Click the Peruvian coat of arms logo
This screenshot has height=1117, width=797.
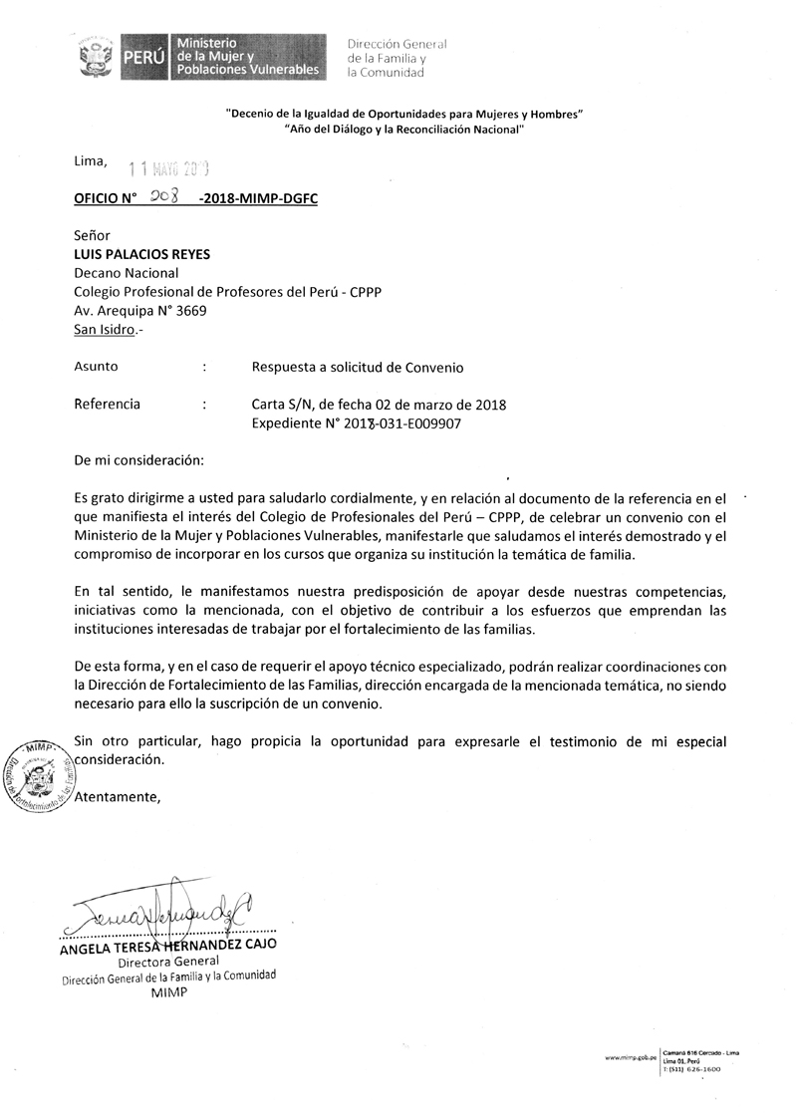pos(97,59)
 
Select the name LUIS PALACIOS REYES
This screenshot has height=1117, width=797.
pos(142,254)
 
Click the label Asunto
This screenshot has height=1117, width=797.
pos(96,367)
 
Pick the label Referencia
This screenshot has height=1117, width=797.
pos(108,405)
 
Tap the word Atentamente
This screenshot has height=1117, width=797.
pos(118,796)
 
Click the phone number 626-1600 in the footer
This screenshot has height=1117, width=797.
pos(703,1068)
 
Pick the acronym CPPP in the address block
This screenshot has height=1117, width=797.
pos(364,292)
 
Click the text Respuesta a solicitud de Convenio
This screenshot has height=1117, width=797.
pos(358,367)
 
